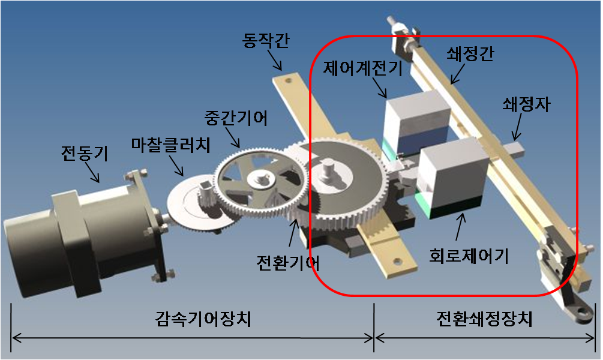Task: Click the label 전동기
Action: pos(85,153)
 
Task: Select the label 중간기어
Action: pos(236,118)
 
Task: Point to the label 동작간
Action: pos(266,40)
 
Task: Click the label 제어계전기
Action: pos(362,68)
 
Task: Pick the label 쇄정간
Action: pos(470,54)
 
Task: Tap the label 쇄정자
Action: pos(526,104)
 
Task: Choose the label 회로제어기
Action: pos(469,256)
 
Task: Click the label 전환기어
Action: pos(288,263)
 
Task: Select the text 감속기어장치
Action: pos(203,319)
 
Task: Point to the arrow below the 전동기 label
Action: pos(92,172)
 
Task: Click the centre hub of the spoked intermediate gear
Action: pos(259,178)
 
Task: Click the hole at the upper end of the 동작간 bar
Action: pos(287,81)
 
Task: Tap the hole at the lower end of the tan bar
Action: pos(398,262)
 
